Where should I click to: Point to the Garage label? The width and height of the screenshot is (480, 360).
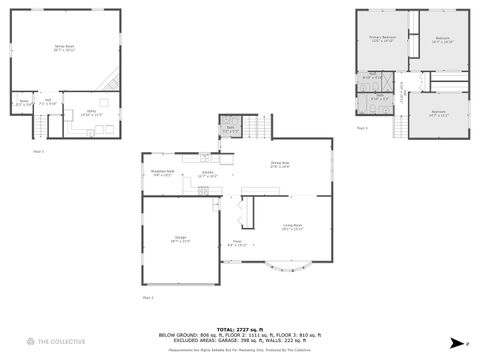[x=180, y=240]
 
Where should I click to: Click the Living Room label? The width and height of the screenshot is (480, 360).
[x=292, y=228]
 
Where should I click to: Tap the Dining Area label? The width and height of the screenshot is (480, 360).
[x=279, y=165]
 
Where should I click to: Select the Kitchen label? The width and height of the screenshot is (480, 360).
[x=208, y=174]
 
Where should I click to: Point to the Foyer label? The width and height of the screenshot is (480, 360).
[x=238, y=243]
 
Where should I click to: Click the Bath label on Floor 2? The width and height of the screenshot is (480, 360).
[x=229, y=128]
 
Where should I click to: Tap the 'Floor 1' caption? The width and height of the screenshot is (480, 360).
[x=39, y=151]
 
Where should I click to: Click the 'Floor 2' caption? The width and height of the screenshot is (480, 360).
[x=147, y=297]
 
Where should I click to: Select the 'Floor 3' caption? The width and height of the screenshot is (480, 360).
[x=362, y=129]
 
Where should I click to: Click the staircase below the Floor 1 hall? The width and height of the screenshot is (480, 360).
[x=41, y=125]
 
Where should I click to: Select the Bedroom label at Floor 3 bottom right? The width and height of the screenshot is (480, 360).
[x=438, y=112]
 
